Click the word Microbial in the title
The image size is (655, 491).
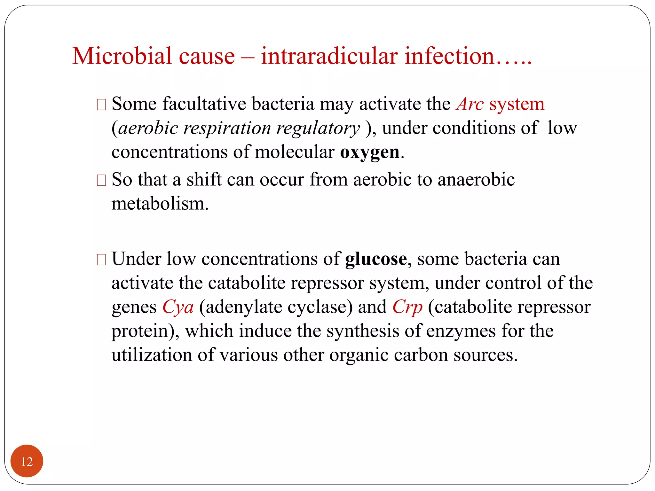pos(122,56)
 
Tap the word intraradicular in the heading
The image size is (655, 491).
pos(329,56)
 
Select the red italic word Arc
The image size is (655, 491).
pos(470,104)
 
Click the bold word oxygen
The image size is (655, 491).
pos(369,152)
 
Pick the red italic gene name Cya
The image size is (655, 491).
pos(178,307)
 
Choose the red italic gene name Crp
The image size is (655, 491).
pos(407,307)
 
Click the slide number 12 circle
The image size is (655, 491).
pos(27,461)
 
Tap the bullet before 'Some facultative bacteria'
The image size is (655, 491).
pos(101,105)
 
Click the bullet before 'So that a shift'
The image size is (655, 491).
pos(101,180)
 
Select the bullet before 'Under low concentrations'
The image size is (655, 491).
pos(101,260)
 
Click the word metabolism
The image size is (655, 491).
pos(160,204)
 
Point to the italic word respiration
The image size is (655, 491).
pos(227,128)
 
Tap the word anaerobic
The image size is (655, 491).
pos(476,179)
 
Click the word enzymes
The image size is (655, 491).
pos(461,331)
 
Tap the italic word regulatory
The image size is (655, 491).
pos(318,128)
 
